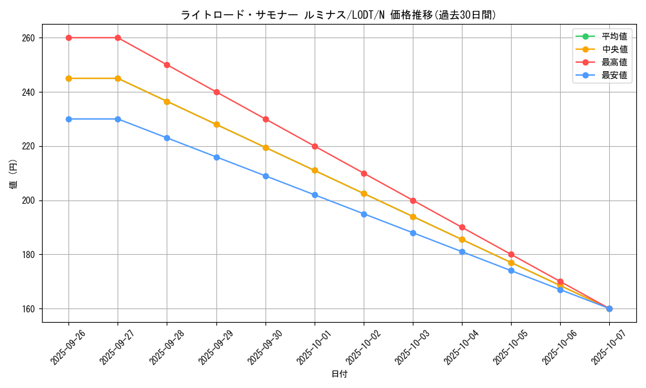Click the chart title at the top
(339, 15)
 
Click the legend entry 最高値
(614, 62)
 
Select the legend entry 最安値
(614, 75)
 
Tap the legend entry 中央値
(614, 49)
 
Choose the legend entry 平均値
(614, 36)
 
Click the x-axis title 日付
(339, 374)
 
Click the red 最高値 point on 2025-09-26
(68, 38)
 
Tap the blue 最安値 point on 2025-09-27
(118, 119)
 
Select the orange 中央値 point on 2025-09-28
(167, 102)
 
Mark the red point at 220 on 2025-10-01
(315, 146)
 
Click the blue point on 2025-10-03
(413, 233)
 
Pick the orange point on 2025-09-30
(266, 147)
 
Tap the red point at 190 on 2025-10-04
(462, 228)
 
